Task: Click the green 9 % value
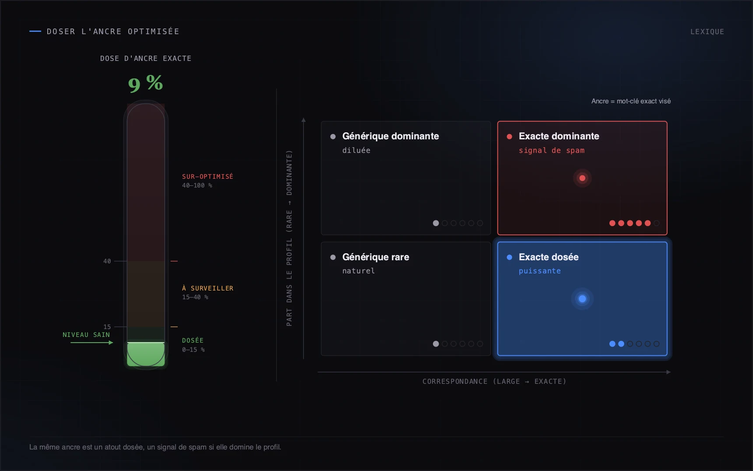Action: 145,83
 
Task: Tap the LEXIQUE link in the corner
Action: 707,32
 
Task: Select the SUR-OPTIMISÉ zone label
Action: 208,176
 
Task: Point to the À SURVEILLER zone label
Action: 208,288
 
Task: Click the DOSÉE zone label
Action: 193,340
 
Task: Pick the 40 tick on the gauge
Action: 107,261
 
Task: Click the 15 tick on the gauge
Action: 107,327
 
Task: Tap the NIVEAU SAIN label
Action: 86,335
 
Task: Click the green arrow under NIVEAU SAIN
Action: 91,343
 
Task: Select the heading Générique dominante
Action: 391,136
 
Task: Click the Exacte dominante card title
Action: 559,136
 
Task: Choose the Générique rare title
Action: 376,257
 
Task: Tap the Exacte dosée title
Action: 549,257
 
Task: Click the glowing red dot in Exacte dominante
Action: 582,178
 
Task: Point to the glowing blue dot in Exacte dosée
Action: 582,299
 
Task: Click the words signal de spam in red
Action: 552,150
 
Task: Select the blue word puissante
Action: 540,271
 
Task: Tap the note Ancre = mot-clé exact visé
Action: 631,101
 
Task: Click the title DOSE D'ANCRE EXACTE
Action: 146,58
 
